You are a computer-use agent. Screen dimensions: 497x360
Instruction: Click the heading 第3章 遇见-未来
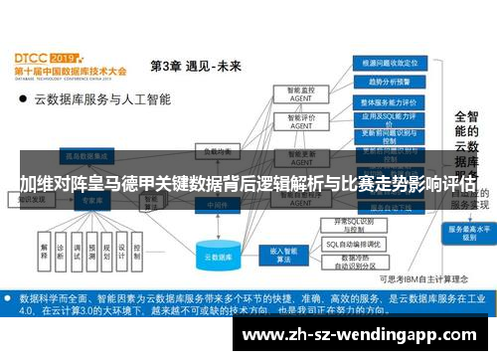click(195, 67)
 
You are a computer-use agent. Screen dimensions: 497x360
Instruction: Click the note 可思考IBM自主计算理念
click(409, 280)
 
